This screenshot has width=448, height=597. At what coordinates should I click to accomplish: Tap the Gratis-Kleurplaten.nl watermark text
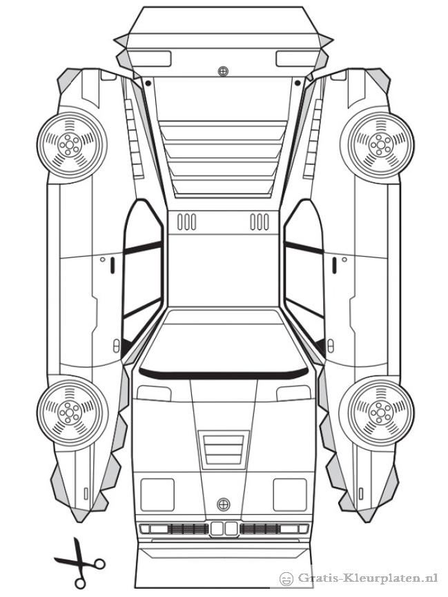(x=368, y=578)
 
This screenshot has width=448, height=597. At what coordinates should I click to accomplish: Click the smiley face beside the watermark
(x=286, y=579)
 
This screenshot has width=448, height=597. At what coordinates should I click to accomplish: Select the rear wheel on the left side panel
(x=72, y=144)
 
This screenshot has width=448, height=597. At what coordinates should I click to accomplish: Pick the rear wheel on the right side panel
(x=377, y=145)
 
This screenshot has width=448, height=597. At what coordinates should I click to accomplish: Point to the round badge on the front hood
(x=223, y=505)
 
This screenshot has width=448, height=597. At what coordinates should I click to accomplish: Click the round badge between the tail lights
(x=223, y=71)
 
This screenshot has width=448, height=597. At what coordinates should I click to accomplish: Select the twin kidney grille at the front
(x=224, y=529)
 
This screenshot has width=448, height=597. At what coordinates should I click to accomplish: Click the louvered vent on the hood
(x=224, y=449)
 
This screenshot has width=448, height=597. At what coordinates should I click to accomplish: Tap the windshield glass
(x=224, y=341)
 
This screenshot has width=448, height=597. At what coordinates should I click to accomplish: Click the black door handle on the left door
(x=113, y=266)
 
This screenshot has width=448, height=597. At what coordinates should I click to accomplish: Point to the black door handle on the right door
(x=334, y=266)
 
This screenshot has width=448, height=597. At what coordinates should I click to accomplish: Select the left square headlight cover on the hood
(x=157, y=495)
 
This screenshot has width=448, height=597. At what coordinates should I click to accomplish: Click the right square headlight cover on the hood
(x=290, y=495)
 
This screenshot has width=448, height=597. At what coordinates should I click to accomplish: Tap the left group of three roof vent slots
(x=186, y=222)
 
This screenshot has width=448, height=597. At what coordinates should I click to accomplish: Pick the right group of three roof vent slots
(x=260, y=222)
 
